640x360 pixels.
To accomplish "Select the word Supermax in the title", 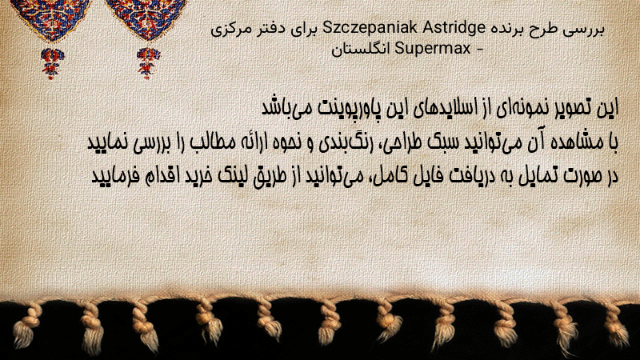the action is [433, 49].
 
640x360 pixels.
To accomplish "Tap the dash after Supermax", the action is [479, 50].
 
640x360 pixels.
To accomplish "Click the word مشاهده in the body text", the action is [578, 142].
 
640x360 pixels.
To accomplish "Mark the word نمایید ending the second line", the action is [108, 143].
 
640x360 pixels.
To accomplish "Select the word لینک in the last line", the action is [230, 176].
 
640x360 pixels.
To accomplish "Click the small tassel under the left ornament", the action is [52, 63].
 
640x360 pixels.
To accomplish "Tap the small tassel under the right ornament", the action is [148, 63].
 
